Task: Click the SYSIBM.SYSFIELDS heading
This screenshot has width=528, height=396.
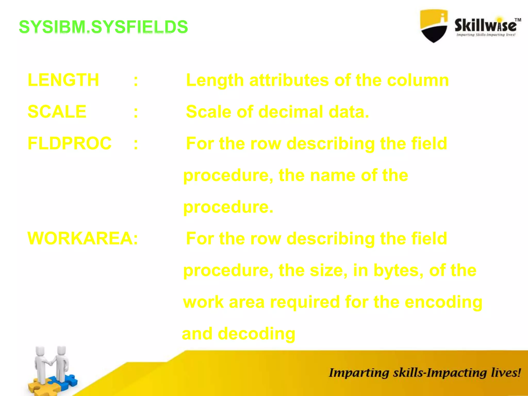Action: [x=103, y=27]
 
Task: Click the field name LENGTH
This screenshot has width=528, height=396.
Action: [x=63, y=80]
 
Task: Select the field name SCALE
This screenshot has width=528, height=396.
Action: [x=57, y=112]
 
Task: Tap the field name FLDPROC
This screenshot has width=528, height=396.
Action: [x=70, y=143]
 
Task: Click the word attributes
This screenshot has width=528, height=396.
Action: [x=289, y=80]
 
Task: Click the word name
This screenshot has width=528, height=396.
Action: [x=333, y=175]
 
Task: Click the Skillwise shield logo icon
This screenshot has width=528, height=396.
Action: [x=434, y=26]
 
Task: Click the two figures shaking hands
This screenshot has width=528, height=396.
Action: [x=52, y=364]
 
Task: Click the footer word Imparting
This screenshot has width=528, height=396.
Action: [x=359, y=373]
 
